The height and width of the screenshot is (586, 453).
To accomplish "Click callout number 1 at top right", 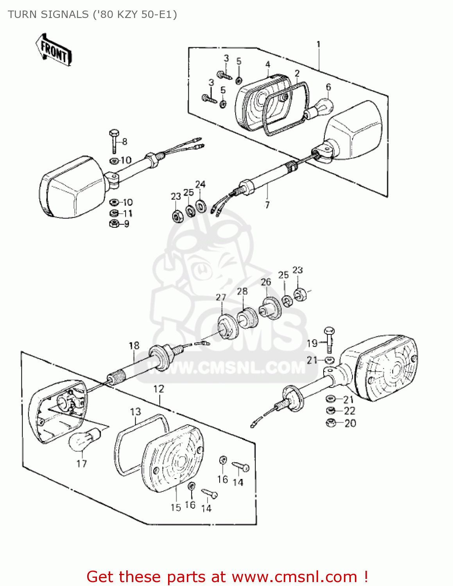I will pos(319,44).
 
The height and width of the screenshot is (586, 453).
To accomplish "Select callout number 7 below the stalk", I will pos(267,205).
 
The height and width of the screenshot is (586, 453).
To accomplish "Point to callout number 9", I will pos(126,224).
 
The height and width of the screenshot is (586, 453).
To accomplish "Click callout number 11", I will pos(128,213).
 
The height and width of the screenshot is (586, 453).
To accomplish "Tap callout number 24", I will pos(201,184).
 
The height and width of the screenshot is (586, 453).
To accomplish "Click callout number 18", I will pos(134,345).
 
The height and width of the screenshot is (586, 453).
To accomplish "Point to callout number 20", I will pos(350,423).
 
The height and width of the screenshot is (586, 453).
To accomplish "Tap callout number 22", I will pos(349,411).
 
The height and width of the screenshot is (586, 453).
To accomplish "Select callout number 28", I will pos(242,291).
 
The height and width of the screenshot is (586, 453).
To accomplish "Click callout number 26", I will pos(266,282).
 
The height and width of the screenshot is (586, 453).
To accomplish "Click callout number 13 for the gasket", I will pos(135,412).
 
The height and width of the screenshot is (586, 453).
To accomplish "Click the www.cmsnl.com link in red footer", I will pos(294,577).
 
